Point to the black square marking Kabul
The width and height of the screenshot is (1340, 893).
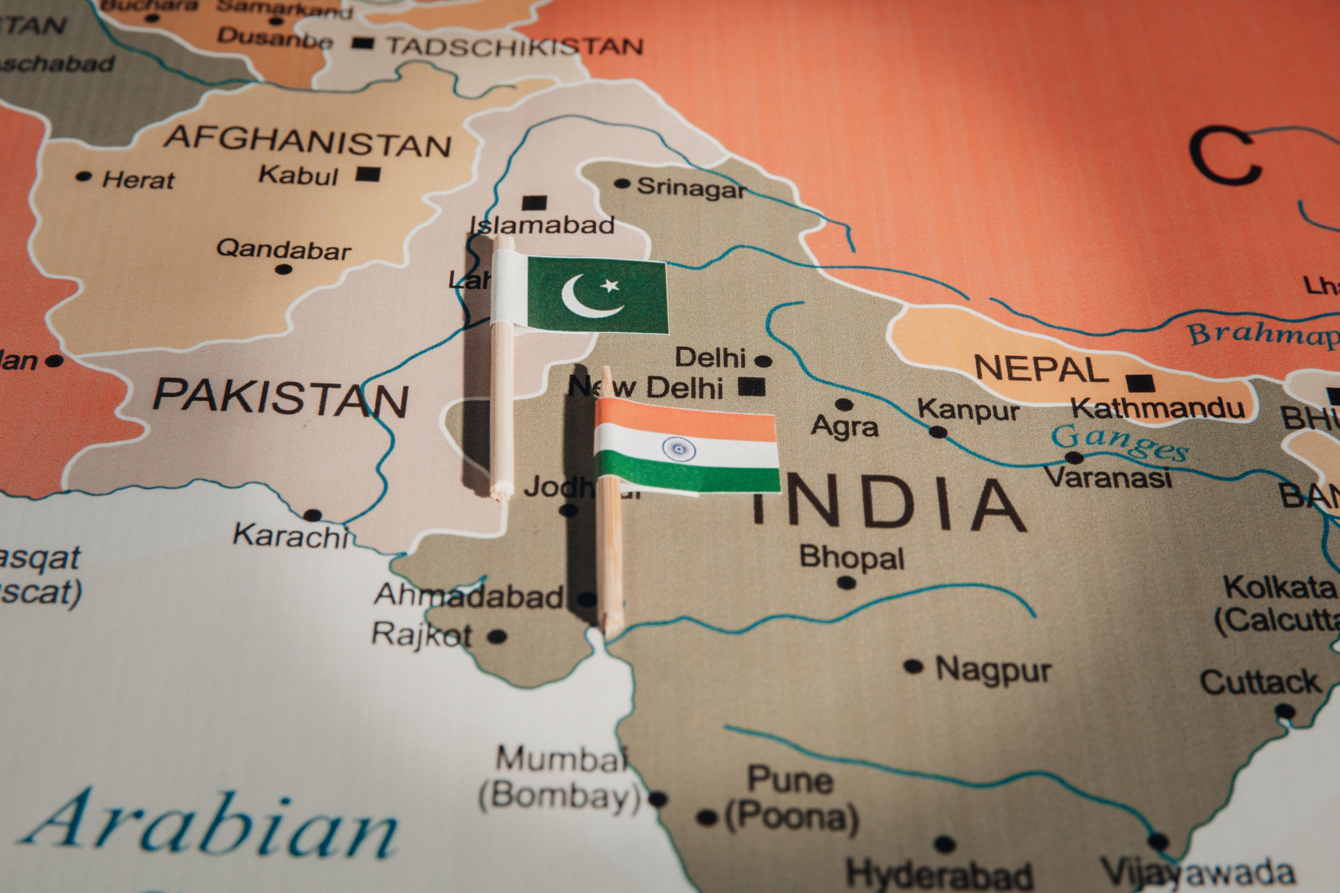[368, 174]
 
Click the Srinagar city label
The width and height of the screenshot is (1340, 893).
[691, 187]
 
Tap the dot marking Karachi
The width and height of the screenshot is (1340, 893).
[312, 515]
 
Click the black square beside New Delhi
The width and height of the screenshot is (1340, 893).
[752, 387]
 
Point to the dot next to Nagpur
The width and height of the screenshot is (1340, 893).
[913, 666]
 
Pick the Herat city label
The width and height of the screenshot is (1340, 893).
[138, 180]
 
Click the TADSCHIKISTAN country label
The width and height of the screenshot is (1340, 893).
[515, 46]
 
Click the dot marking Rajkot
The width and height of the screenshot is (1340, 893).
[497, 636]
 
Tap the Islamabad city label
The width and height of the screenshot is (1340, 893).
[542, 225]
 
